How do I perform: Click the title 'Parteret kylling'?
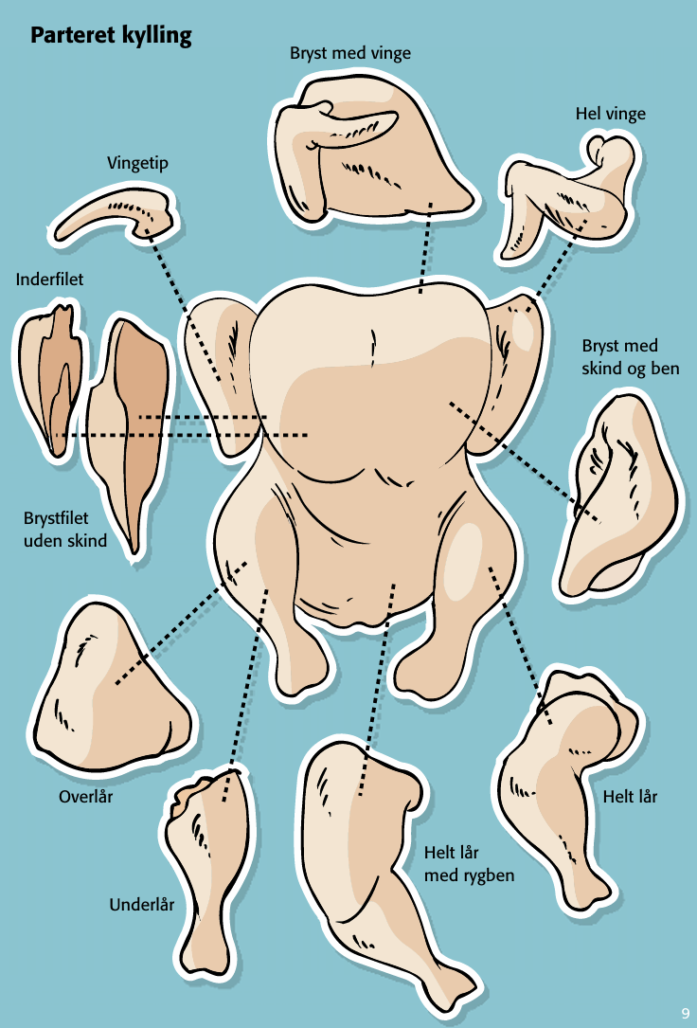pos(111,37)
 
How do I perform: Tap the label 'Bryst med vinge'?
pos(350,53)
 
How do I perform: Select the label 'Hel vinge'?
pos(610,114)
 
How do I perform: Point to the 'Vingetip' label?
pos(138,164)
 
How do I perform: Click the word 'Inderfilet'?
pos(49,280)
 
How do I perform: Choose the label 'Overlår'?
pos(85,797)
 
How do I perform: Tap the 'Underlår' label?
pos(142,905)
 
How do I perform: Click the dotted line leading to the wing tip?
pos(185,303)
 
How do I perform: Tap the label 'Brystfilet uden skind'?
pos(64,531)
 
